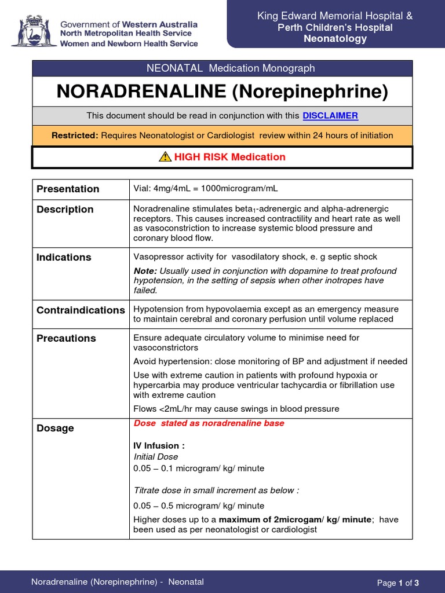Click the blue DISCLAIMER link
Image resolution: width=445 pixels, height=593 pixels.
click(x=330, y=116)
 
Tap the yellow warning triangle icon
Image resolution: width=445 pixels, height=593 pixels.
click(x=165, y=157)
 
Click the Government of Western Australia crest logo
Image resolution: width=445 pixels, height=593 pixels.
click(x=33, y=31)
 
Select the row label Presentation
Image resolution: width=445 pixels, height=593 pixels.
click(x=68, y=189)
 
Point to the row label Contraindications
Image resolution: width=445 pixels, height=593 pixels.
click(x=81, y=310)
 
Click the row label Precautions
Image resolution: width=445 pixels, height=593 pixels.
click(x=66, y=338)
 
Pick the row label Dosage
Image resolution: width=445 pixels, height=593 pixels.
click(x=55, y=428)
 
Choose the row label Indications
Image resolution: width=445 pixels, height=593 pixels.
click(x=64, y=257)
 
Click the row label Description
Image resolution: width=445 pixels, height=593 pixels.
click(x=65, y=210)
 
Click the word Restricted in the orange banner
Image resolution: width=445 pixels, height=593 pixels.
click(x=75, y=136)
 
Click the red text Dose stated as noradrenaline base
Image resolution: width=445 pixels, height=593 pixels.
click(x=209, y=423)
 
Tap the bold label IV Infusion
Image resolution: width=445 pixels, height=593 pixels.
click(x=159, y=446)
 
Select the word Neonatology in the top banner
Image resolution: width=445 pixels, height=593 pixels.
click(x=335, y=39)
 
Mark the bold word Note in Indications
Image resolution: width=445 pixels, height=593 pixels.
click(x=145, y=271)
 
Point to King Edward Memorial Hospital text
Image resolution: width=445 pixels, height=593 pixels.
click(x=335, y=16)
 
